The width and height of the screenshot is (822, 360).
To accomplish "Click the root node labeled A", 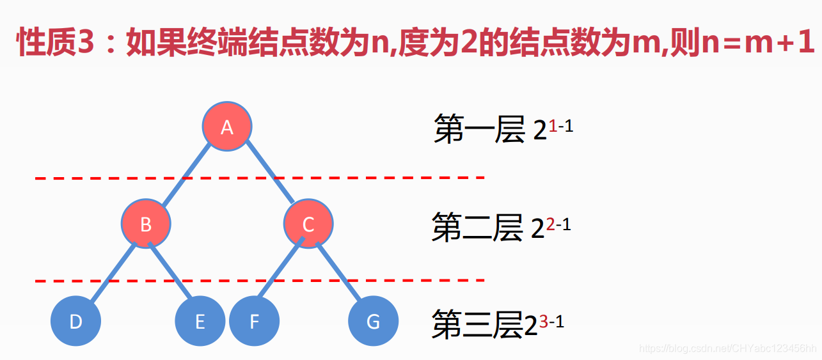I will [227, 127].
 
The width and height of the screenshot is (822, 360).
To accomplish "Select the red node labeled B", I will [146, 224].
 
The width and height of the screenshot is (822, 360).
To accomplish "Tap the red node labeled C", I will [308, 224].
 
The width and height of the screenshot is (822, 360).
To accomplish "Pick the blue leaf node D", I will [76, 321].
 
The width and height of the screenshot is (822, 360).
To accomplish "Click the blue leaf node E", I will [200, 321].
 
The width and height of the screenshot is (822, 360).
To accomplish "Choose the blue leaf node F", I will [254, 321].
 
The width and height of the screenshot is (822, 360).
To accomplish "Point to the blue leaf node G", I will [374, 321].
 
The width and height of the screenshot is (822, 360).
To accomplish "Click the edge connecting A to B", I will [187, 175].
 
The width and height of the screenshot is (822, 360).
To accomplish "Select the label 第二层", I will [477, 228].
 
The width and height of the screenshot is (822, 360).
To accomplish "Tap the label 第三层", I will [477, 324].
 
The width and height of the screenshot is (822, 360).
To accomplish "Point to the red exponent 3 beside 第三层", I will [543, 322].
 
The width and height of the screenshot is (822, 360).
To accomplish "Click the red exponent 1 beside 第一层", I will [553, 126].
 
